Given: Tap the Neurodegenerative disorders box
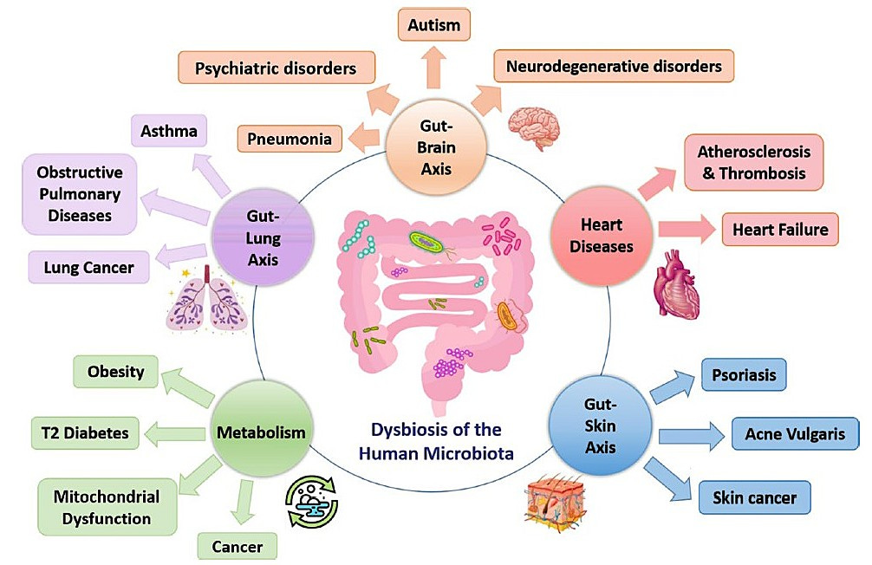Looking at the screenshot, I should click(614, 67).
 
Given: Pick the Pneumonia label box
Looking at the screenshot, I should click(289, 138).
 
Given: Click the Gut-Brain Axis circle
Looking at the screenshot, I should click(437, 146).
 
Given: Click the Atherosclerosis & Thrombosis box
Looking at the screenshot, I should click(753, 162).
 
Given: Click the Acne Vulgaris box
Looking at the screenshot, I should click(795, 434).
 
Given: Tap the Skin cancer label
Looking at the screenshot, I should click(754, 498).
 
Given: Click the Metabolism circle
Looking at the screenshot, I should click(261, 431).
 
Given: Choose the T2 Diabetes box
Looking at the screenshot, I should click(85, 432).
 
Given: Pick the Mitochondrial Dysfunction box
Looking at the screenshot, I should click(107, 508).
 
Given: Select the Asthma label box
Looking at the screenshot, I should click(168, 132).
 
